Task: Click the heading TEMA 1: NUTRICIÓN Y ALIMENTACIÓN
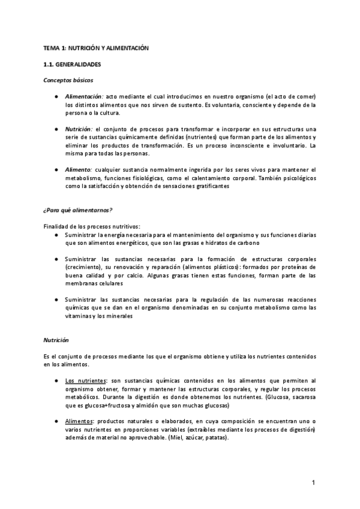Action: click(95, 47)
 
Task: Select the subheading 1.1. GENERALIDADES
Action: click(72, 64)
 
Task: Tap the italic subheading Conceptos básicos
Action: click(68, 80)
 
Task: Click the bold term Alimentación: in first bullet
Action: click(85, 97)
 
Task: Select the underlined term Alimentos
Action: click(79, 422)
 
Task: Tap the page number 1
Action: click(313, 483)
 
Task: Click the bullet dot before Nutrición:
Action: click(55, 129)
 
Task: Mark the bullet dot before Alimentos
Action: click(55, 422)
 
